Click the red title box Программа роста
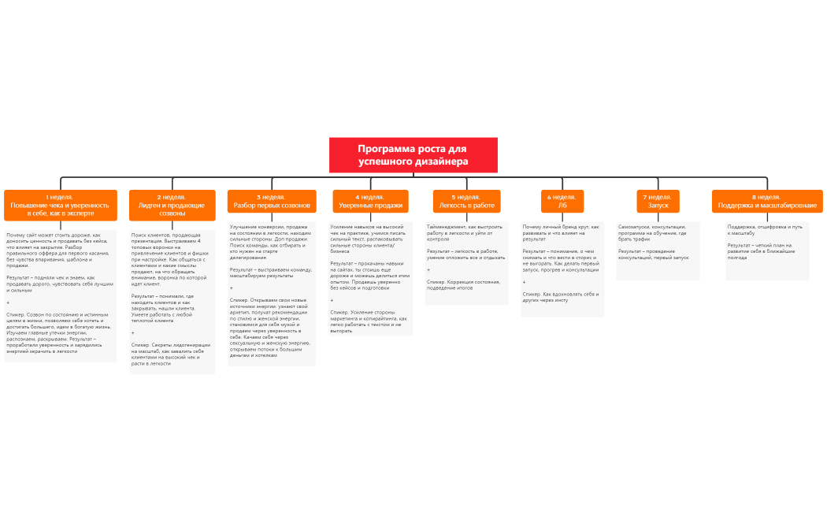pos(413,155)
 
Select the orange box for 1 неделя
pos(60,205)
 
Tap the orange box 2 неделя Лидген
pos(172,205)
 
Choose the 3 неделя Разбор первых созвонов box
pos(272,201)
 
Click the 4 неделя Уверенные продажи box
pos(370,201)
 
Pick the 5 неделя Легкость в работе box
pos(466,201)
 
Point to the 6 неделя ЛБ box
pos(562,201)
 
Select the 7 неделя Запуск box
pos(658,201)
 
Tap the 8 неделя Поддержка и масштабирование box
pos(766,201)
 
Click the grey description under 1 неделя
pos(60,295)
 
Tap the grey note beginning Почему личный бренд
pos(562,269)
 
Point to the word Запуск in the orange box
pos(658,206)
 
